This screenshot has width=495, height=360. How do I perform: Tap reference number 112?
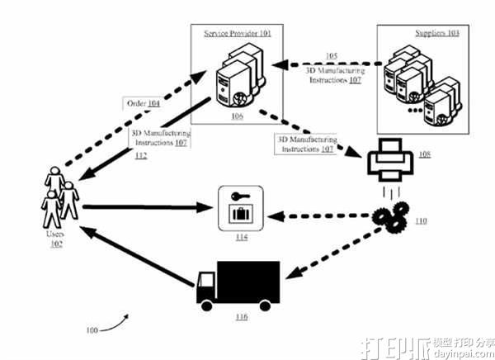click(141, 157)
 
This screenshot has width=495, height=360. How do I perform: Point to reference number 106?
click(237, 117)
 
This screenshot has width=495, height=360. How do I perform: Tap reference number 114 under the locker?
click(240, 240)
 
